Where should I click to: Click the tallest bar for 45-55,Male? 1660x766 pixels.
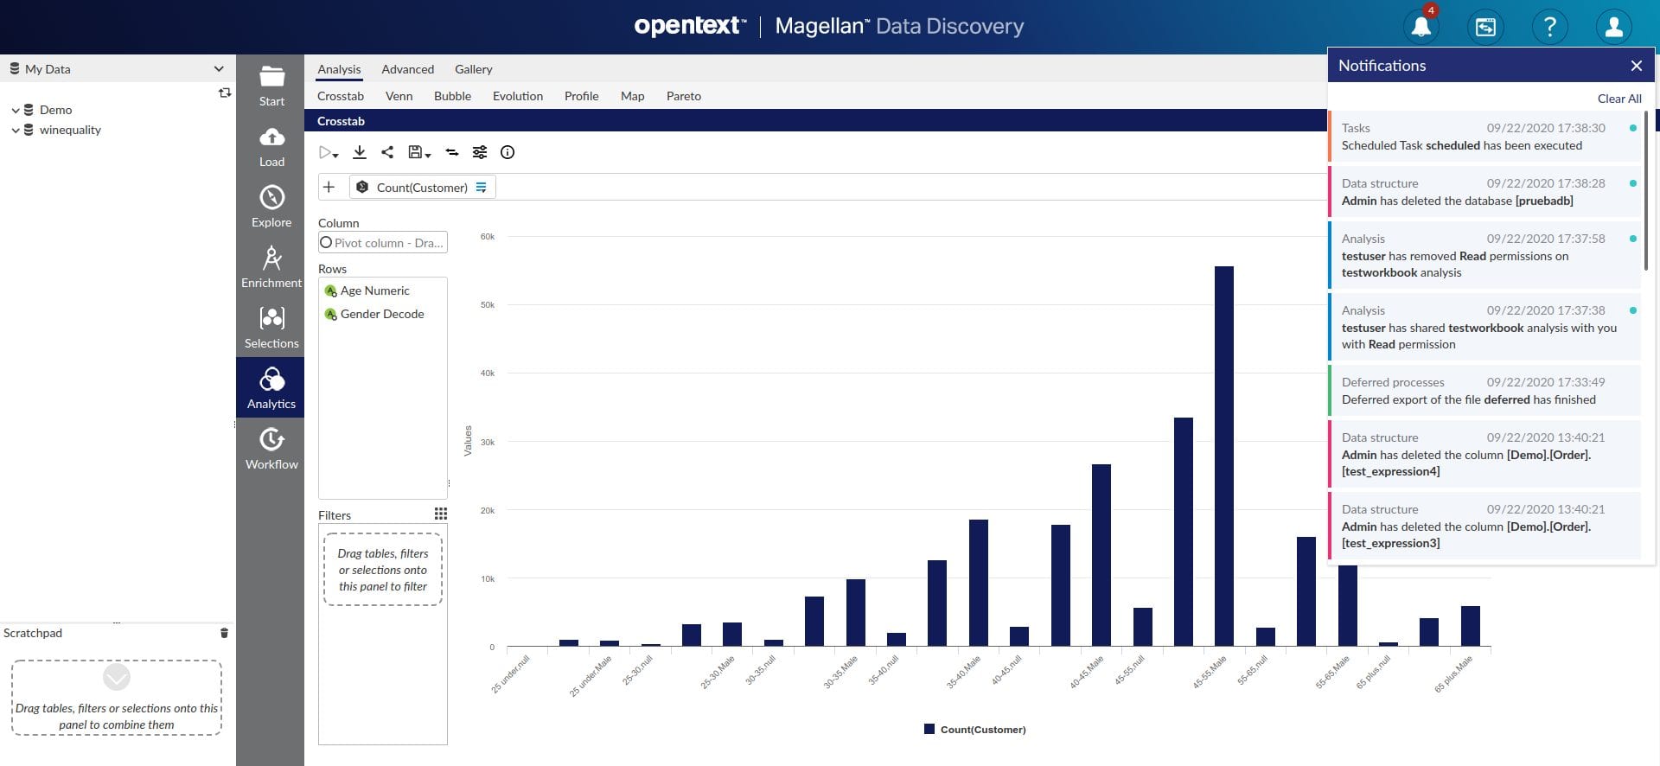[x=1223, y=456]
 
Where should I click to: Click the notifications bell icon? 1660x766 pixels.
[x=1421, y=27]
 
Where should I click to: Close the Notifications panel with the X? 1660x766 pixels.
[x=1636, y=66]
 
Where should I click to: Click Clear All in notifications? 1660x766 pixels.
[x=1618, y=99]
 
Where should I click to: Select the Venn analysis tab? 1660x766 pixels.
[x=399, y=96]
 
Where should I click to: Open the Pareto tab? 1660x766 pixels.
[x=683, y=96]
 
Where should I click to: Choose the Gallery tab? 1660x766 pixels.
[x=473, y=69]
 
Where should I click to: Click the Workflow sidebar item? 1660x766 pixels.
[x=271, y=448]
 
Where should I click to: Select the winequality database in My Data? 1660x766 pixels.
[x=70, y=130]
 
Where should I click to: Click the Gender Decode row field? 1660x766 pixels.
[x=381, y=314]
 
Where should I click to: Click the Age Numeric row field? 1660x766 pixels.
[x=374, y=290]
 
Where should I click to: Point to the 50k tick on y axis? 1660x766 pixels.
[x=488, y=304]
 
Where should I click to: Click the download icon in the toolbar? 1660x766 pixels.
[x=360, y=152]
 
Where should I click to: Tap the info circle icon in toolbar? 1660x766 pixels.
[x=508, y=152]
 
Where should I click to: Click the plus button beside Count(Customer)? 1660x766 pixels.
[x=329, y=187]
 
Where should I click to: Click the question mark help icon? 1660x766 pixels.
[x=1549, y=27]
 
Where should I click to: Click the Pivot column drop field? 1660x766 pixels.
[x=383, y=243]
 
